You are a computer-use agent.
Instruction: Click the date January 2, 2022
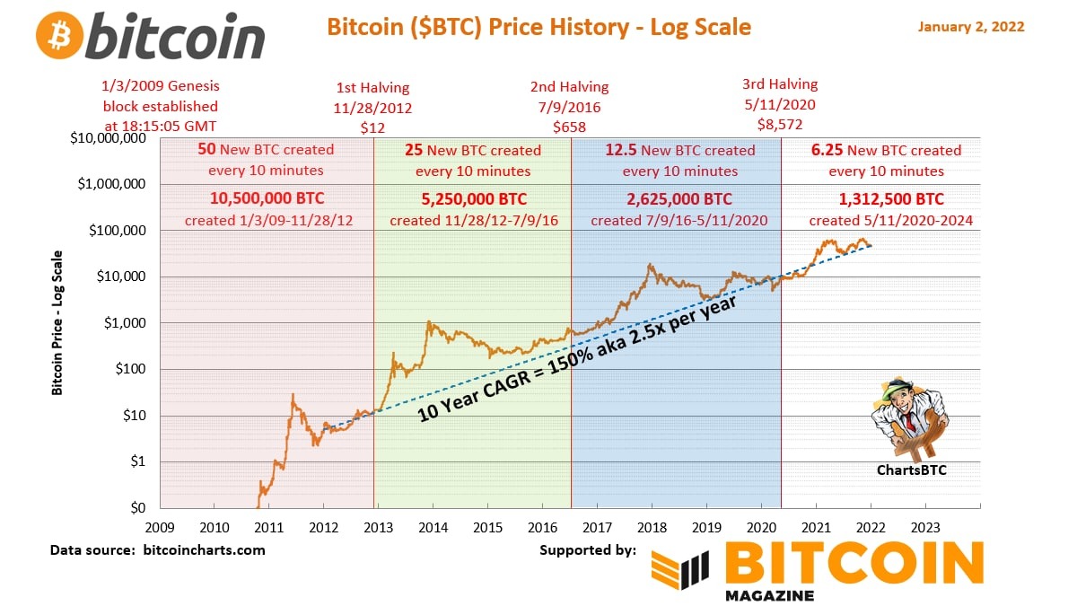(x=970, y=27)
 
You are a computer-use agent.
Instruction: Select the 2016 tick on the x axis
(x=543, y=527)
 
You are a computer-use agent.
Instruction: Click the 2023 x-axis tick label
(x=925, y=527)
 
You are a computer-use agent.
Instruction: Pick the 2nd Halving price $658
(x=570, y=127)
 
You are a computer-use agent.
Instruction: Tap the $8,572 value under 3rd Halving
(x=779, y=124)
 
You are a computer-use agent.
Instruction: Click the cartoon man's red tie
(x=911, y=421)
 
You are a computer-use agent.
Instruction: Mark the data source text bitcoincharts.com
(x=205, y=549)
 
